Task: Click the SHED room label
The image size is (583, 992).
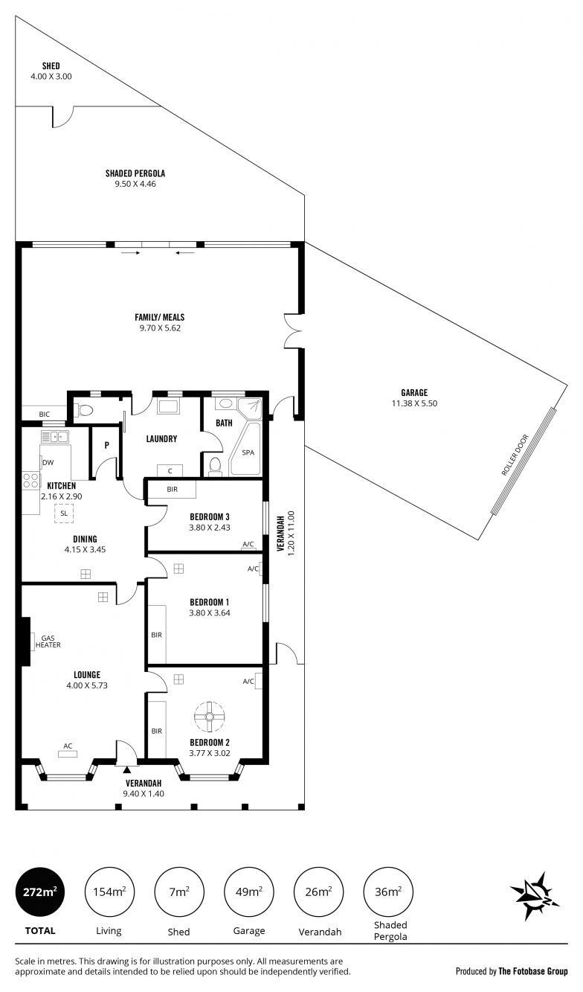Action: coord(51,66)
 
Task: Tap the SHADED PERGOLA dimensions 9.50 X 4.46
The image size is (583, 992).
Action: coord(135,184)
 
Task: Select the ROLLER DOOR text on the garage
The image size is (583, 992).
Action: coord(515,455)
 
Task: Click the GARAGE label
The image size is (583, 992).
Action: coord(414,392)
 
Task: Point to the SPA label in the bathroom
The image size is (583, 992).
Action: coord(248,452)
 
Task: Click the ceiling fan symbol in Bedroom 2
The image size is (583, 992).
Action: coord(210,717)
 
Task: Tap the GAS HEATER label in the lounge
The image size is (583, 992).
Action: coord(48,641)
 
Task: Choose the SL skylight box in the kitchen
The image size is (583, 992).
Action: coord(64,513)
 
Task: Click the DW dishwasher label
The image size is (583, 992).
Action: coord(48,462)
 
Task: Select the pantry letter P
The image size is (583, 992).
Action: coord(106,445)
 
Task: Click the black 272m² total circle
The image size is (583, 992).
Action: coord(40,892)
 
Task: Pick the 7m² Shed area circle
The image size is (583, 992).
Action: coord(178,892)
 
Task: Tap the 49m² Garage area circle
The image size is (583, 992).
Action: coord(249,892)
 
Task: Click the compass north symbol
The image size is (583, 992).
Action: coord(535,895)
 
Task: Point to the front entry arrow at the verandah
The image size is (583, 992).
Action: coord(126,770)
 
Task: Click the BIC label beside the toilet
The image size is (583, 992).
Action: coord(45,415)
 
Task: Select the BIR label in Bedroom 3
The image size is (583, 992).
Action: coord(173,490)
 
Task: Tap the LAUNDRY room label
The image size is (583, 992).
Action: coord(161,439)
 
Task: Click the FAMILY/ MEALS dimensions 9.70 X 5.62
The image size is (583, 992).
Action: coord(160,328)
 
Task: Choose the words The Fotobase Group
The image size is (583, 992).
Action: coord(533,971)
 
